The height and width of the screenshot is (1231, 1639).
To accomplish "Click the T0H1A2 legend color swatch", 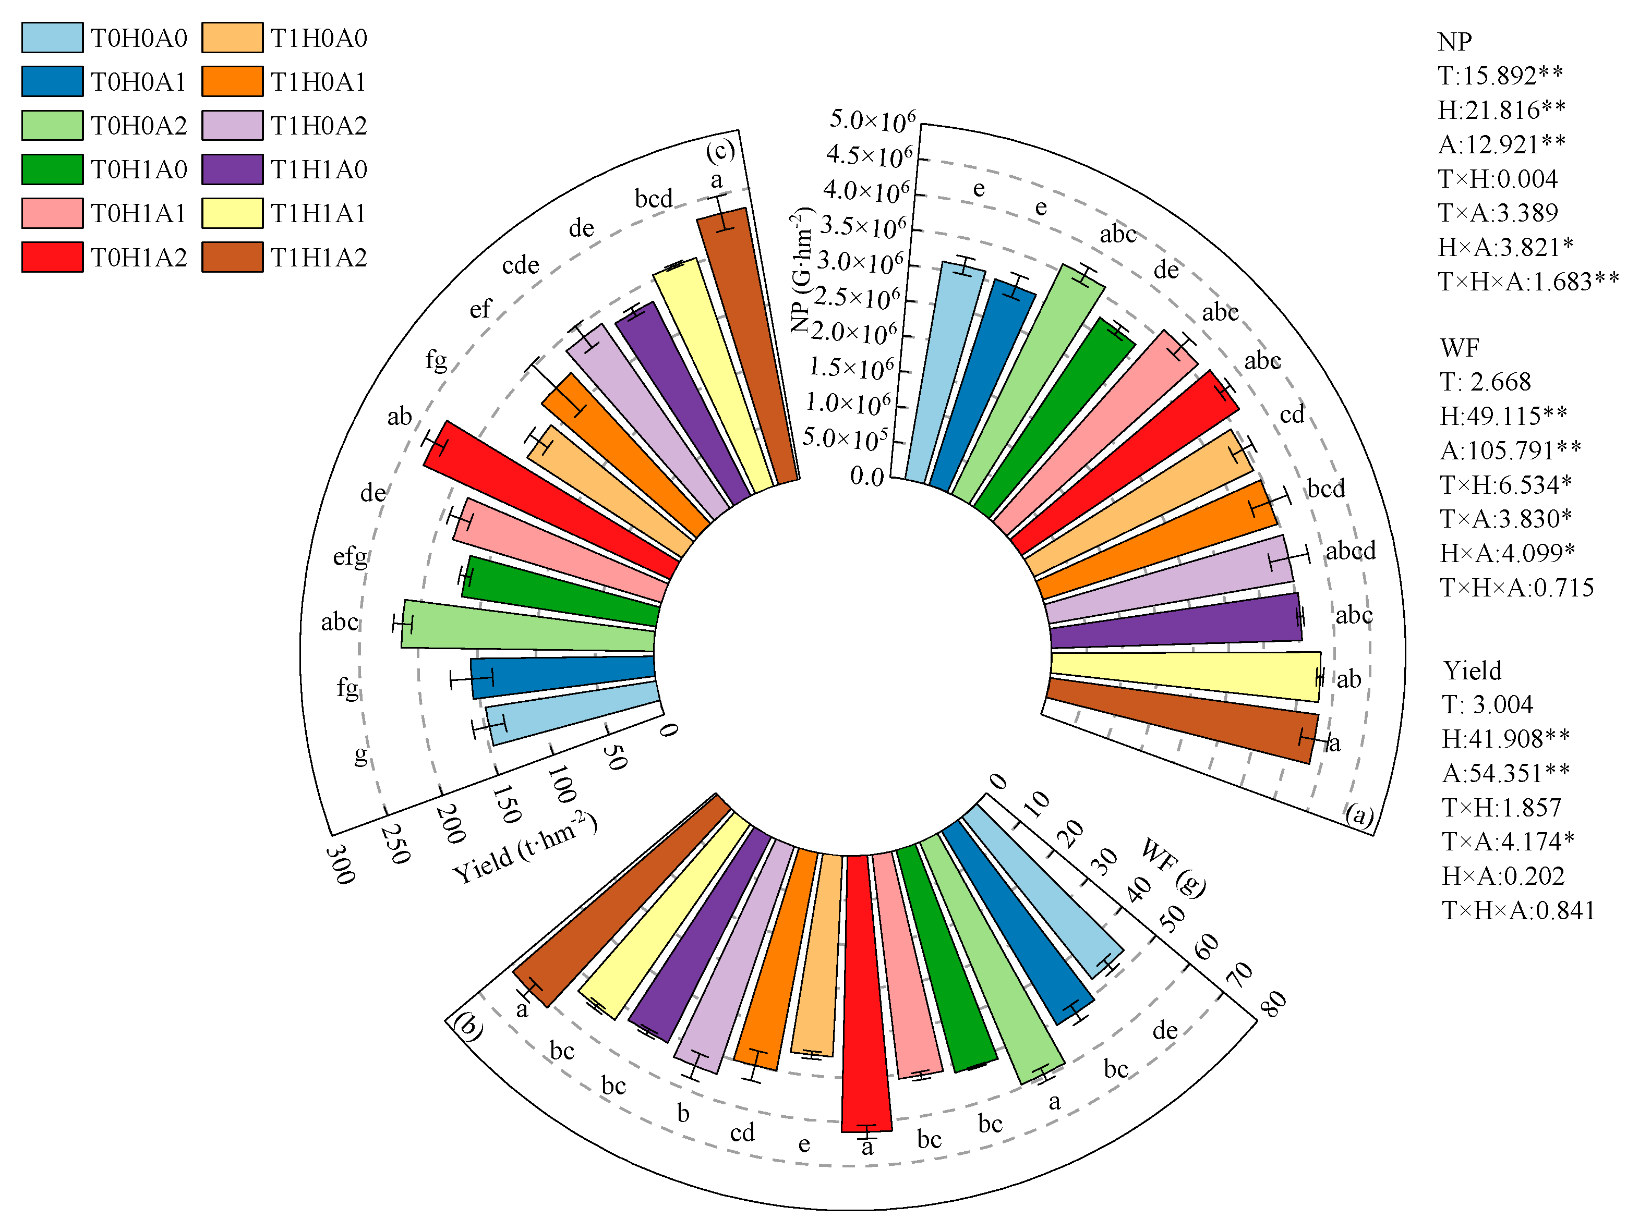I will [x=52, y=257].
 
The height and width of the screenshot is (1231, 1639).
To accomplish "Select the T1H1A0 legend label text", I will [x=319, y=169].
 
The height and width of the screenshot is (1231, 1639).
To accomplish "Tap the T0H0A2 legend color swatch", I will [x=52, y=125].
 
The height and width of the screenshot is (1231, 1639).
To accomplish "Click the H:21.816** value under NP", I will [x=1501, y=109].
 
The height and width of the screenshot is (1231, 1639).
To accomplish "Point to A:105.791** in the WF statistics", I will [x=1510, y=449].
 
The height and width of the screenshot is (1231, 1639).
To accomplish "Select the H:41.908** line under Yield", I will [x=1505, y=738].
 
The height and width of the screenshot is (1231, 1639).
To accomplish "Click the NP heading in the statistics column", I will [x=1454, y=42].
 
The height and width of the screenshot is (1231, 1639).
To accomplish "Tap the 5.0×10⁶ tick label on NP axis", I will [x=872, y=120].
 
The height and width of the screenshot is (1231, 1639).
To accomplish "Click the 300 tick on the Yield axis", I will [x=340, y=864].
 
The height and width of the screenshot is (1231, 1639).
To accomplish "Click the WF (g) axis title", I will [x=1174, y=866].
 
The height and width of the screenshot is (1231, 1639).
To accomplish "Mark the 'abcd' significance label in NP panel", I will [x=1350, y=550].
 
